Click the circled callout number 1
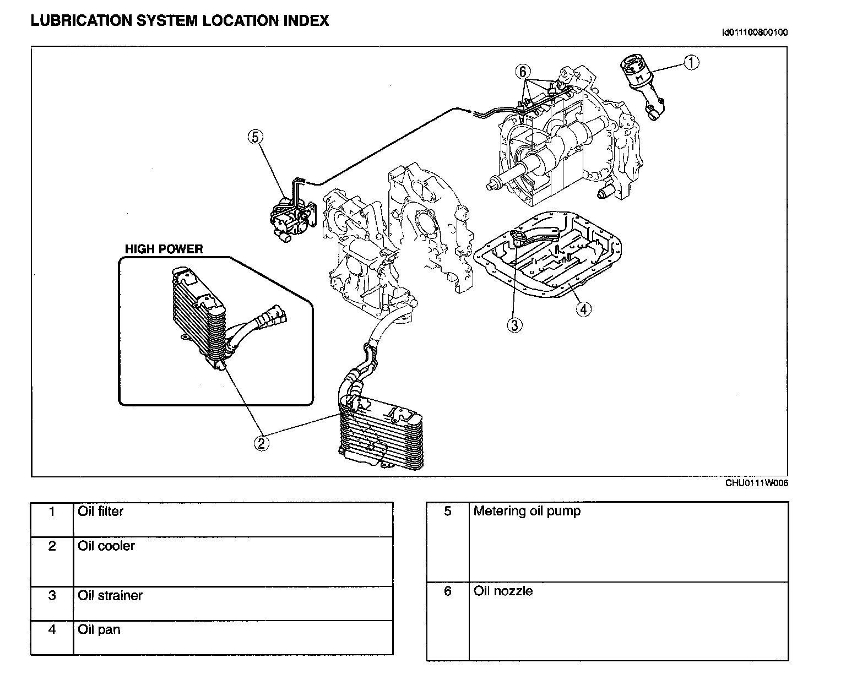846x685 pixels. click(x=691, y=63)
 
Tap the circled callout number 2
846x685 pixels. click(x=262, y=442)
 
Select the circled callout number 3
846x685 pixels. click(x=514, y=325)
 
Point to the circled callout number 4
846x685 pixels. click(x=584, y=309)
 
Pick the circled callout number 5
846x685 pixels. click(x=256, y=137)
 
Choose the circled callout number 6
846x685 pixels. click(x=523, y=72)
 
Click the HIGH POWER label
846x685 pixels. click(x=164, y=249)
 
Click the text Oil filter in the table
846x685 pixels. click(x=100, y=512)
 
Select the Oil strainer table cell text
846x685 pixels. click(x=110, y=596)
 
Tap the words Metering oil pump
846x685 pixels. click(x=527, y=511)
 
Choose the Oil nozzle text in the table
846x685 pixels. click(x=503, y=591)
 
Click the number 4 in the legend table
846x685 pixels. click(x=52, y=629)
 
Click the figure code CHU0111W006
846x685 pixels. click(x=756, y=483)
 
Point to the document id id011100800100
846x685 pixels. click(x=755, y=32)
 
